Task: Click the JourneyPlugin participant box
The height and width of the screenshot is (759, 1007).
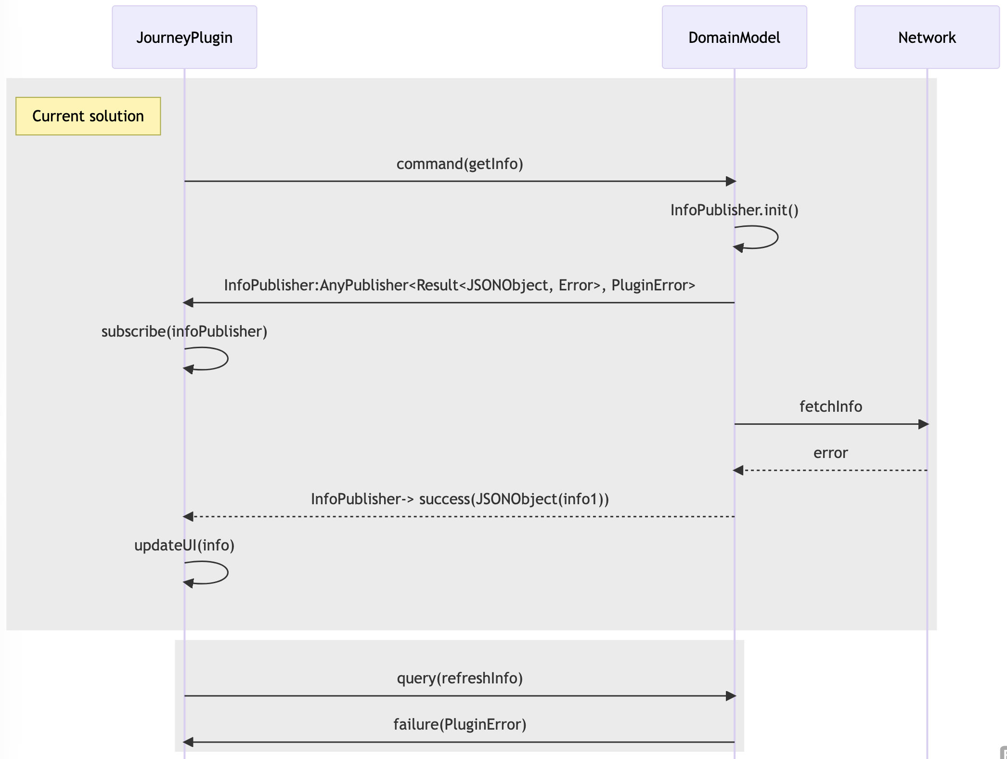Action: click(184, 37)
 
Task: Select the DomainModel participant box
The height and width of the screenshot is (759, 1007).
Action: click(734, 37)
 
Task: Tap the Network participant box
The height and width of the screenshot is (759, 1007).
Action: click(927, 37)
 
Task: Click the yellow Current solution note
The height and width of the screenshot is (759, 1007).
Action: click(88, 116)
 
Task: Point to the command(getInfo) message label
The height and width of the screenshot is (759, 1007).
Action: click(459, 164)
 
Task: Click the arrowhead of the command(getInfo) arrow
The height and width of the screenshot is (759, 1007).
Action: click(731, 181)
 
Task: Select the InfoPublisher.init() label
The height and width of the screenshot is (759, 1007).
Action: click(734, 210)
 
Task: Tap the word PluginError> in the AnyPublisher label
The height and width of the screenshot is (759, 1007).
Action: click(653, 285)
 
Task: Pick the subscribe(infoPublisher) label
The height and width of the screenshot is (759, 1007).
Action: click(184, 331)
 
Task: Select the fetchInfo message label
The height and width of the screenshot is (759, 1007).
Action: click(830, 406)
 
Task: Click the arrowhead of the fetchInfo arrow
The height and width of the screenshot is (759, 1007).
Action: click(923, 424)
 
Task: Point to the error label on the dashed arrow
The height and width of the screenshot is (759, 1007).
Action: click(830, 453)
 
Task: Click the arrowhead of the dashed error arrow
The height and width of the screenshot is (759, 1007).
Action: click(738, 470)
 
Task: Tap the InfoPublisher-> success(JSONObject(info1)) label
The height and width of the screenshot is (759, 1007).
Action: click(459, 499)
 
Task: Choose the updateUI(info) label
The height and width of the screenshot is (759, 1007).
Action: click(184, 545)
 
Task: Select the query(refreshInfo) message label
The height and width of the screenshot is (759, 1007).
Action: click(459, 678)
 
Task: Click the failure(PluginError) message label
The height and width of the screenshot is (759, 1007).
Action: click(459, 724)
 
